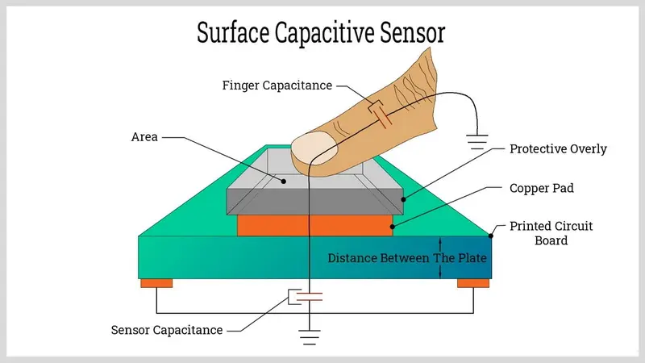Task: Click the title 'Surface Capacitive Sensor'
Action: coord(322,33)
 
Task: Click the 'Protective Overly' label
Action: coord(558,149)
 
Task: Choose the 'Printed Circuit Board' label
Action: coord(551,232)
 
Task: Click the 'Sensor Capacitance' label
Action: coord(167,330)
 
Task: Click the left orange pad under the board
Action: coord(156,283)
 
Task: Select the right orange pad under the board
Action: coord(473,283)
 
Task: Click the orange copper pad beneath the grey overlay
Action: coord(314,225)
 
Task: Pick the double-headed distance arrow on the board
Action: coord(440,258)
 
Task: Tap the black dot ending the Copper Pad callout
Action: coord(393,227)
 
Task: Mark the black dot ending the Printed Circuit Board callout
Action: coord(493,236)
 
